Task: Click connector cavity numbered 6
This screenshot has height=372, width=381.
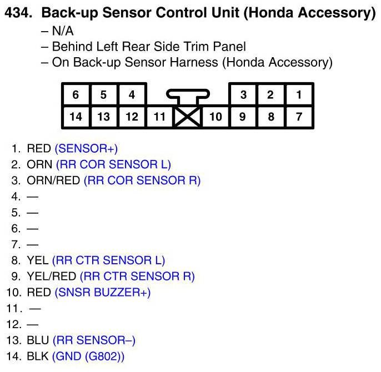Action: [76, 94]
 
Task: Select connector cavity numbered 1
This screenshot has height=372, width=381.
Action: [299, 94]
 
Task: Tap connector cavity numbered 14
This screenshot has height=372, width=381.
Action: [76, 117]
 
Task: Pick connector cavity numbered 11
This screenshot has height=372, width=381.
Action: [159, 117]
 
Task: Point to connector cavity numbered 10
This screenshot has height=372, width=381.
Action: [215, 117]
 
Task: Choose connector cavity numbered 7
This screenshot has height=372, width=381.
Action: [299, 117]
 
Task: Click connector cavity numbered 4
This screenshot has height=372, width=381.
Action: [132, 94]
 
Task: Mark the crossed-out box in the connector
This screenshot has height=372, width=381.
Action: [187, 117]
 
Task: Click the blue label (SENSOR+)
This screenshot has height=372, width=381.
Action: [86, 149]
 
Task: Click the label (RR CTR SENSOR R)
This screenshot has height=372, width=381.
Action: [137, 276]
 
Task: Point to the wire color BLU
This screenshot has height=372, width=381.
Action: [37, 340]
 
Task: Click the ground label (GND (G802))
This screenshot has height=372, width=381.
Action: [88, 356]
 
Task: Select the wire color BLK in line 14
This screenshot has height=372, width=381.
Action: [37, 356]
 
